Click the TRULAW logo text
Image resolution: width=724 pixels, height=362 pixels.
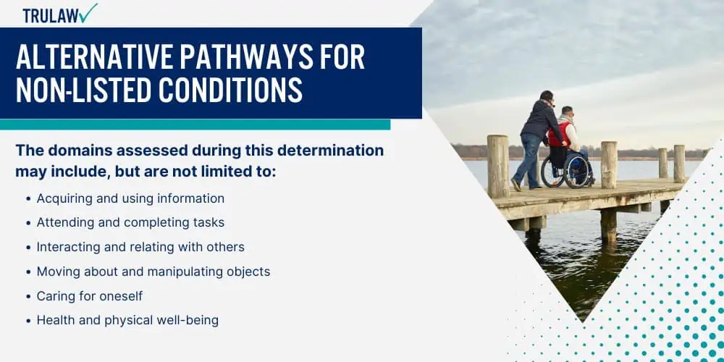point(51,15)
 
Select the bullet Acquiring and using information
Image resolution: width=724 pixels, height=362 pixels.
point(130,198)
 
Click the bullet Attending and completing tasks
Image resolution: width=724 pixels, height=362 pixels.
point(130,222)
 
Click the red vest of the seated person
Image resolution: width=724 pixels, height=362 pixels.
point(557,135)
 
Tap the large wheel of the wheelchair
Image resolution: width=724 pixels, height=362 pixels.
point(576,172)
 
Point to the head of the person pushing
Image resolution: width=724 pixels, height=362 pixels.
point(546,97)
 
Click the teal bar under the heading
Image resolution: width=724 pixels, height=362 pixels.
point(195,125)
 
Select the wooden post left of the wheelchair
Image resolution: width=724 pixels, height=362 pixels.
point(498,166)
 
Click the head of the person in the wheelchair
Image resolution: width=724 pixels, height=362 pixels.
point(568,112)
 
